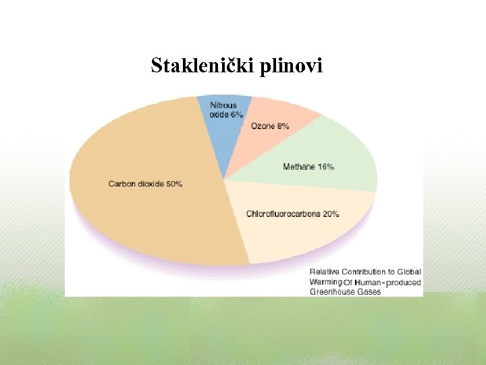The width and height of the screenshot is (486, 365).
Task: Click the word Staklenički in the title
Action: pyautogui.click(x=200, y=66)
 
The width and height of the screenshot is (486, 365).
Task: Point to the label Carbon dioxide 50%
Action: pyautogui.click(x=145, y=184)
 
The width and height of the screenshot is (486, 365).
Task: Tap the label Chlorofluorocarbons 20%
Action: pyautogui.click(x=292, y=214)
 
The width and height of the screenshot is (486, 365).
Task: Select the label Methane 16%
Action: pyautogui.click(x=308, y=167)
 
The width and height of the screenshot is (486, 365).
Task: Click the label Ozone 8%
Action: pyautogui.click(x=270, y=126)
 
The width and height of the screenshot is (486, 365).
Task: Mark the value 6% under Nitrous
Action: pyautogui.click(x=236, y=115)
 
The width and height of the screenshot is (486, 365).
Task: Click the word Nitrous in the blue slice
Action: pyautogui.click(x=223, y=105)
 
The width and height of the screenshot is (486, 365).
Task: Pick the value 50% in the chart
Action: pyautogui.click(x=173, y=184)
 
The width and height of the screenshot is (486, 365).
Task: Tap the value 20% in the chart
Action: pyautogui.click(x=331, y=214)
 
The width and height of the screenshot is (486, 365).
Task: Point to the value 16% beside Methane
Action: pyautogui.click(x=326, y=167)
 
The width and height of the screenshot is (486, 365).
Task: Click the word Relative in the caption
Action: pyautogui.click(x=324, y=272)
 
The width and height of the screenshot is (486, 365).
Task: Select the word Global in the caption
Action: pyautogui.click(x=409, y=272)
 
